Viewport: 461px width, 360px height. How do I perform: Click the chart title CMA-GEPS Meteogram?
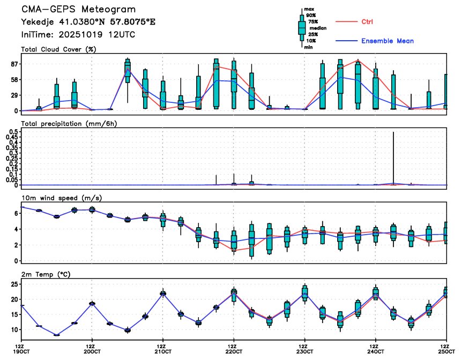(x=78, y=10)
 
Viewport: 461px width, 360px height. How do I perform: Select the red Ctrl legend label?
(x=367, y=21)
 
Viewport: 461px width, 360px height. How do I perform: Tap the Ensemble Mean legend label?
(x=387, y=41)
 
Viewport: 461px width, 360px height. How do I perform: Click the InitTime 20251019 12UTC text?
(x=78, y=34)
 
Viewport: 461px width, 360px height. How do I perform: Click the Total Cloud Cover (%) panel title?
(x=58, y=49)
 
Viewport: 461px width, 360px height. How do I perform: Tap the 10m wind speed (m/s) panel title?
(x=62, y=198)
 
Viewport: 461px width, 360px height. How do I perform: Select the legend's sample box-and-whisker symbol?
(x=301, y=27)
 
